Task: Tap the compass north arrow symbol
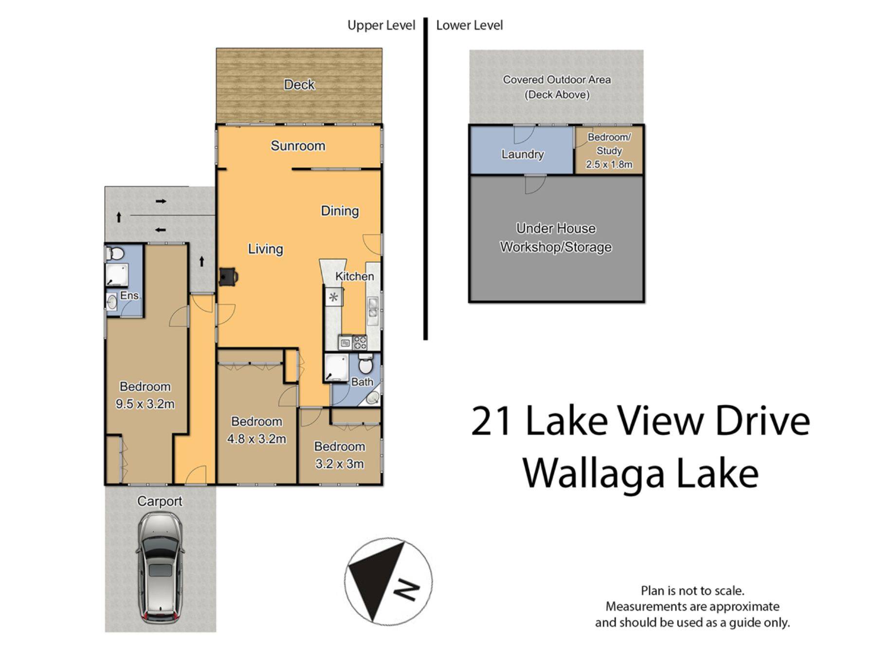[x=388, y=581]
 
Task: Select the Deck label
[x=299, y=85]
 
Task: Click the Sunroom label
[x=298, y=146]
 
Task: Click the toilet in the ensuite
[x=114, y=253]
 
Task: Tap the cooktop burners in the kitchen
[x=360, y=343]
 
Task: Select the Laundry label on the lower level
[x=523, y=154]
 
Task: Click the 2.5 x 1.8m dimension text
[x=609, y=164]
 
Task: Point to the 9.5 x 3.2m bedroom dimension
[x=145, y=404]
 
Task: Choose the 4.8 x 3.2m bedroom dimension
[x=256, y=439]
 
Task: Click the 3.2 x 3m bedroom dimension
[x=340, y=464]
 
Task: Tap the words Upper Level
[x=382, y=25]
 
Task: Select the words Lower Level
[x=470, y=25]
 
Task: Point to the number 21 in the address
[x=491, y=421]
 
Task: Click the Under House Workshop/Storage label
[x=556, y=237]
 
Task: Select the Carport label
[x=160, y=501]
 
